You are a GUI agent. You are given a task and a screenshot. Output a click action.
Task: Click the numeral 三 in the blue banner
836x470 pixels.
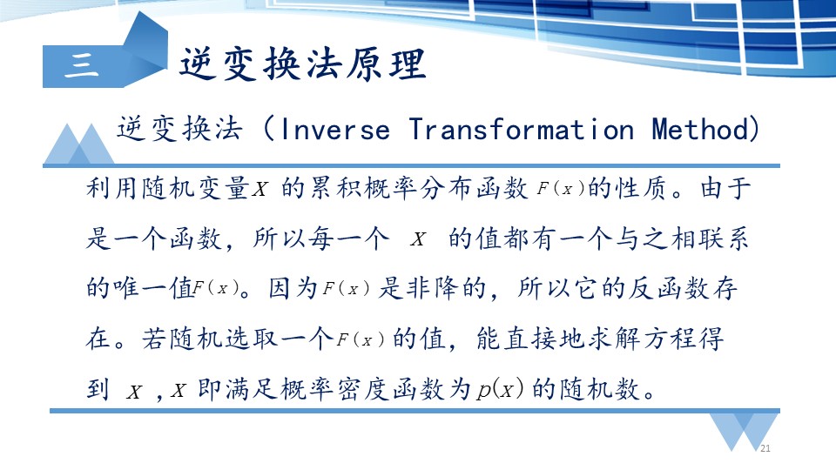click(x=82, y=65)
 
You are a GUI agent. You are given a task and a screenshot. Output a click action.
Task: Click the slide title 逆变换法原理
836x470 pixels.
click(x=303, y=64)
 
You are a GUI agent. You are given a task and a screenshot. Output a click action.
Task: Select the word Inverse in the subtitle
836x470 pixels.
click(x=334, y=130)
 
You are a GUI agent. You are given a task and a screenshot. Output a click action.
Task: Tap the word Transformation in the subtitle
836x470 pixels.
click(x=522, y=130)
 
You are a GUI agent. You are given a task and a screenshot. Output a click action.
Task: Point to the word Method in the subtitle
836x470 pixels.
click(x=700, y=130)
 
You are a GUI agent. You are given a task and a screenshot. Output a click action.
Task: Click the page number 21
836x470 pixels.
click(x=765, y=448)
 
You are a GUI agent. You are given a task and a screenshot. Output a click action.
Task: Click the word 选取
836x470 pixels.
click(x=252, y=339)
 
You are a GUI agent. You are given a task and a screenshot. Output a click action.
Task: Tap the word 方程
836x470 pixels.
click(x=670, y=339)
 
